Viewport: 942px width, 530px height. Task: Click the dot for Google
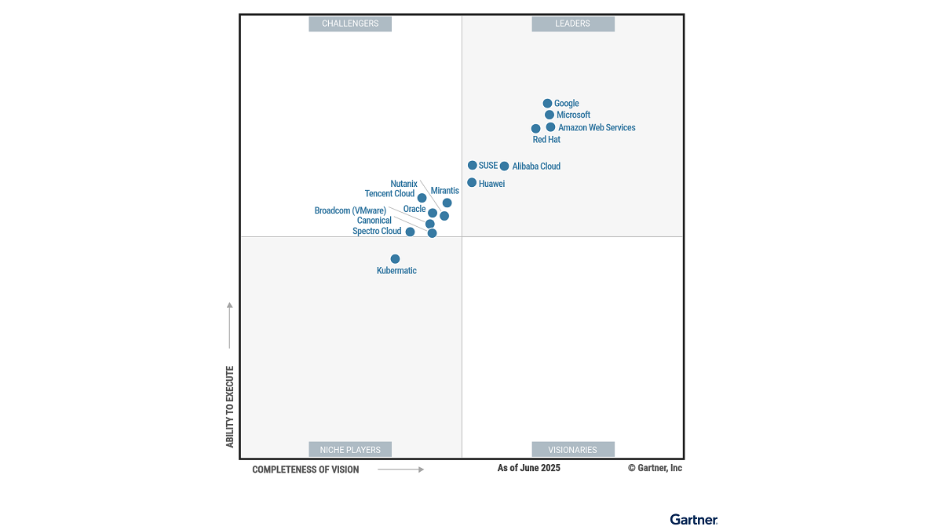pos(547,103)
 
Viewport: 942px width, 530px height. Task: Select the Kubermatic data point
pos(395,259)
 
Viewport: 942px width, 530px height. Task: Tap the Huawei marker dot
pos(472,183)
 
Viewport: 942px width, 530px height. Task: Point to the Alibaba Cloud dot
pos(504,166)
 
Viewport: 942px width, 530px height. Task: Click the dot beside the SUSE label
pos(473,166)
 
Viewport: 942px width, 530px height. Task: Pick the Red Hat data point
pos(536,129)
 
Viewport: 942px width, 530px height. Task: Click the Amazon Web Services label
pos(597,128)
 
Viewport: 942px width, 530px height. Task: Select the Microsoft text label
pos(573,115)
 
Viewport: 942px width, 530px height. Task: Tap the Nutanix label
pos(403,184)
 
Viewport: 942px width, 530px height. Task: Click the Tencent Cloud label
pos(389,194)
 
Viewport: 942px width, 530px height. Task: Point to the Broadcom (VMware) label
pos(350,210)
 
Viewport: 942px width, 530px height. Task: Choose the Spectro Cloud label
pos(377,232)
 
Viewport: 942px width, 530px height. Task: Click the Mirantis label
pos(445,191)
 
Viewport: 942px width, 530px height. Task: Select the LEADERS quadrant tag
pos(573,24)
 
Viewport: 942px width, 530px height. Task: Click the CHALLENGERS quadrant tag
pos(350,24)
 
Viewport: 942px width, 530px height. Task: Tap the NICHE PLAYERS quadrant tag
pos(350,450)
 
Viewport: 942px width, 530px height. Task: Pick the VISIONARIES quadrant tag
pos(573,450)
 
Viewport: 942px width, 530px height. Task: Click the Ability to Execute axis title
pos(230,407)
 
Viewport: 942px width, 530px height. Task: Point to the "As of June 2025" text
pos(529,468)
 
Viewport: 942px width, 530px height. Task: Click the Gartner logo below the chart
pos(694,519)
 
